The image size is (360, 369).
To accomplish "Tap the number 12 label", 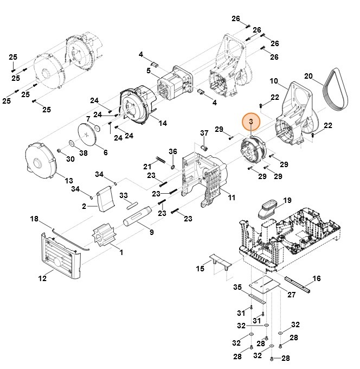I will (42, 279).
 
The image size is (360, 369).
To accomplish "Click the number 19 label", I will (287, 200).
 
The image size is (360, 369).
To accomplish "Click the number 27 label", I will (292, 294).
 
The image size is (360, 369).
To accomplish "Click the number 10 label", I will (273, 81).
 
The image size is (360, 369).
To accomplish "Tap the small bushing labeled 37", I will (205, 147).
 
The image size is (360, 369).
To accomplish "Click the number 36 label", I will (172, 151).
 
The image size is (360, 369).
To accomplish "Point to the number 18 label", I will (34, 219).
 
